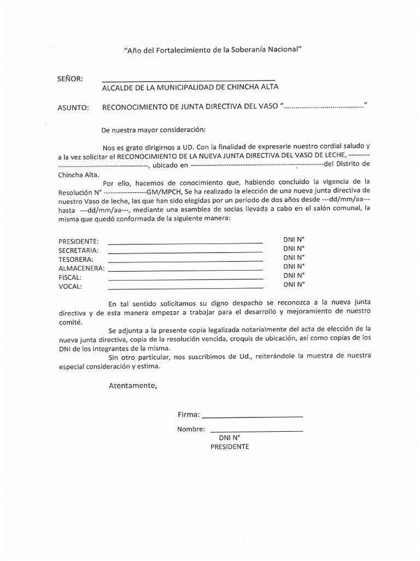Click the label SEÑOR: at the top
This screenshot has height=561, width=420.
click(70, 79)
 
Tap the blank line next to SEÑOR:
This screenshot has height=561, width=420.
click(188, 80)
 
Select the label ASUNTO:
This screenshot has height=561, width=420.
click(73, 107)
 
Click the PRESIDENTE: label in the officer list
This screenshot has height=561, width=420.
click(79, 242)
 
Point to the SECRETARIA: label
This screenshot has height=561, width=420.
click(78, 250)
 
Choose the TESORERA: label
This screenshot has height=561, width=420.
click(76, 259)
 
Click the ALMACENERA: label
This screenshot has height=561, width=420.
click(81, 268)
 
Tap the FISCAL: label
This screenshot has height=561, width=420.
click(70, 277)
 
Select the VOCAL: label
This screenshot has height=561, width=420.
click(70, 286)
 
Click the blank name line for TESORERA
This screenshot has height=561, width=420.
click(185, 261)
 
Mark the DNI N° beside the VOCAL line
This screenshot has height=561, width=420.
click(294, 284)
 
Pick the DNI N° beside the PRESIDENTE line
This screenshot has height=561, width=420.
click(294, 239)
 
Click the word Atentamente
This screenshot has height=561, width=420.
click(132, 385)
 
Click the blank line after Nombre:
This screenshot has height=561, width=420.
click(256, 431)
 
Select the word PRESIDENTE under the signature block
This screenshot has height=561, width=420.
click(230, 446)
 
